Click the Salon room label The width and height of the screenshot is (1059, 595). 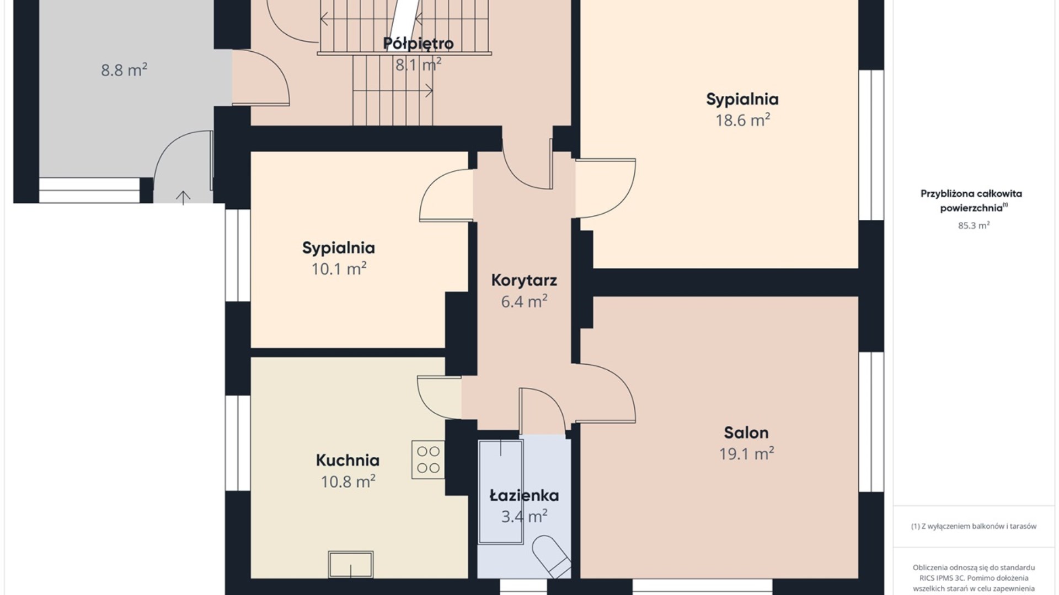click(x=746, y=432)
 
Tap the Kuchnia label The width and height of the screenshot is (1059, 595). click(x=347, y=460)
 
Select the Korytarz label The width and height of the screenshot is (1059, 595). click(x=524, y=280)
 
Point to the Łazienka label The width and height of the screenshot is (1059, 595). click(x=524, y=495)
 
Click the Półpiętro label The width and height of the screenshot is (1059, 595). click(x=418, y=44)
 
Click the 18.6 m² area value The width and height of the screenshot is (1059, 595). click(x=742, y=120)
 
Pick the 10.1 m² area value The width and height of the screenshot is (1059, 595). click(x=339, y=269)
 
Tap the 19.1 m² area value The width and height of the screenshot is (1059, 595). click(x=746, y=453)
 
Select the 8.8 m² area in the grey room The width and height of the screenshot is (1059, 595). click(x=124, y=70)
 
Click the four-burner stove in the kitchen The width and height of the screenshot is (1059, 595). click(x=428, y=459)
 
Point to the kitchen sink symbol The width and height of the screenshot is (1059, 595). click(x=351, y=564)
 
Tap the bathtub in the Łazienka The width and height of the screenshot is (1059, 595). click(x=501, y=491)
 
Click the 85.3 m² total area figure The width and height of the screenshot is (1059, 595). click(x=974, y=225)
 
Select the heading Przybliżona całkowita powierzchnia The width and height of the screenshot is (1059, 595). click(x=971, y=201)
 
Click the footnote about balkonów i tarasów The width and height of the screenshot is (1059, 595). click(x=974, y=526)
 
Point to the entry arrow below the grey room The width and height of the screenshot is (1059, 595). click(x=183, y=197)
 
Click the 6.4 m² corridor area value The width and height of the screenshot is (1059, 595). click(x=524, y=301)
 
